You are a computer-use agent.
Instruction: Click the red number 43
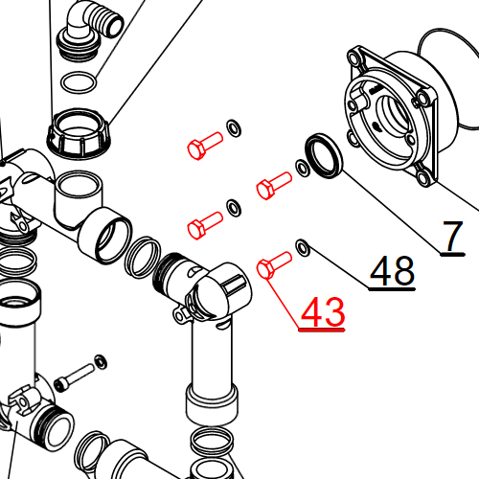click(x=323, y=312)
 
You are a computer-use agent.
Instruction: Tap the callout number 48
click(x=392, y=272)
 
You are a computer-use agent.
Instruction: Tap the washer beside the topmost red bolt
click(x=233, y=127)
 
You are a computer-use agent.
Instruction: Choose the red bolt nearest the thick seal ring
click(x=274, y=183)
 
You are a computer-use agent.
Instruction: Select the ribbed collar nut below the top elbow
click(x=80, y=133)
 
